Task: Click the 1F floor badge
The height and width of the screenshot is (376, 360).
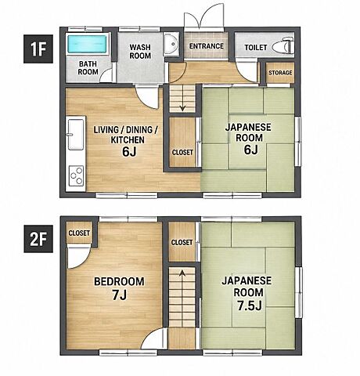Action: pos(38,49)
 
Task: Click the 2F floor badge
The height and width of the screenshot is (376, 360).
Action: pos(38,239)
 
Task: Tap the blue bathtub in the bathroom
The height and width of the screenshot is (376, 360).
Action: pos(87,44)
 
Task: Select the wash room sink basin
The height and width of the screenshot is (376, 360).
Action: pos(171,44)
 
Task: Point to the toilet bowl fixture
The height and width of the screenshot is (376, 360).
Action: pos(283,46)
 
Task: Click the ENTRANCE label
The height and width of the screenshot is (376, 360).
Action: pos(207,46)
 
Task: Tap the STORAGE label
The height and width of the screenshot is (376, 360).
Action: pos(280,73)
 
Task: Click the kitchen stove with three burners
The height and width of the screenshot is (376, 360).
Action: pos(76,175)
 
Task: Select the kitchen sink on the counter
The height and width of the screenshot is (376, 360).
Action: pos(76,134)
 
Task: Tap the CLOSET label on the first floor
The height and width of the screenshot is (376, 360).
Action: pos(182,152)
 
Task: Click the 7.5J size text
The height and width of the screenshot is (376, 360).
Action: pos(250,305)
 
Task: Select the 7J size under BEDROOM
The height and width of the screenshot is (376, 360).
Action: pos(120,295)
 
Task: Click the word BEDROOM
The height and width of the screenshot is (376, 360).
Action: pos(119,281)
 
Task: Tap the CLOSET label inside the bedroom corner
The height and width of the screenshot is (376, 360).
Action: pos(79,233)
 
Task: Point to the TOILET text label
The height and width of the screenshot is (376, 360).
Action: pos(256,48)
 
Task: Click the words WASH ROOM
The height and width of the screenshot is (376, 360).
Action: pos(140,52)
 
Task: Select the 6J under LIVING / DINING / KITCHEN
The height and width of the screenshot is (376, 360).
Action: pos(129,152)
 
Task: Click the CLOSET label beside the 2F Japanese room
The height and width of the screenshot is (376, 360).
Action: pos(182,242)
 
